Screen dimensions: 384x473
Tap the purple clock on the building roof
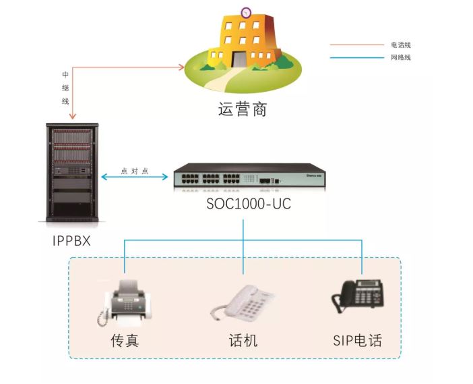246,12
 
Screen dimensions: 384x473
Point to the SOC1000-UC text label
249,203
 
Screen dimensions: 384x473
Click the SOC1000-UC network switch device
249,177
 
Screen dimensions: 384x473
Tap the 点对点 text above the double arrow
134,171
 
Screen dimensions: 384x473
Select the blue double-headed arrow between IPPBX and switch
135,178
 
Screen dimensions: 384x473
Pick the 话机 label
243,339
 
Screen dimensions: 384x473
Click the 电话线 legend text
401,45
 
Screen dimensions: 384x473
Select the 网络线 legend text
401,57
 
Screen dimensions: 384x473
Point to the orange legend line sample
356,45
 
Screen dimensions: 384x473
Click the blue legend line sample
356,57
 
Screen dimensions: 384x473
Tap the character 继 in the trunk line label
65,88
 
